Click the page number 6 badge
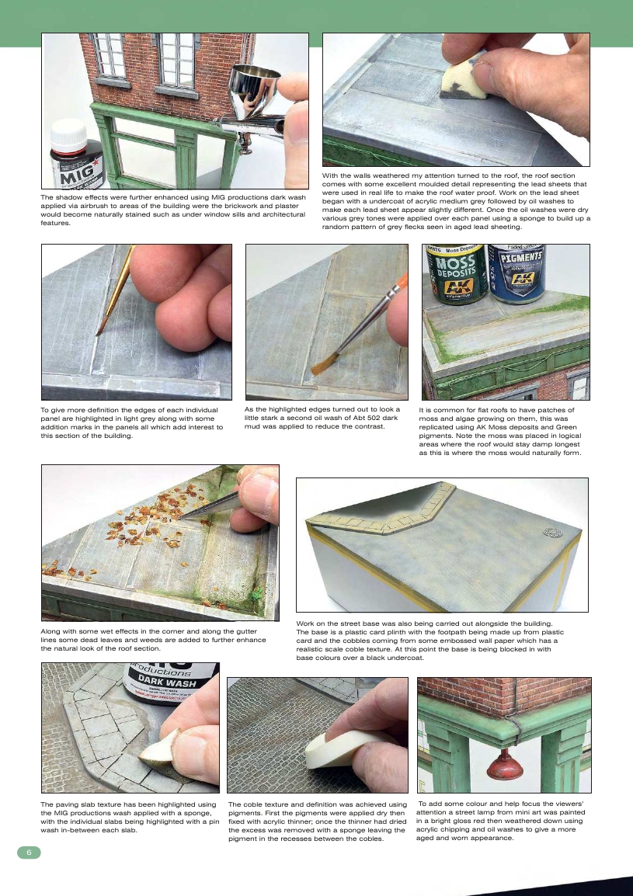tap(29, 852)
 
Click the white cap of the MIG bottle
tap(68, 135)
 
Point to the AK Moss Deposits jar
tap(457, 273)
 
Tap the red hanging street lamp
tap(504, 765)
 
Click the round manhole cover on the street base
tap(552, 531)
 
